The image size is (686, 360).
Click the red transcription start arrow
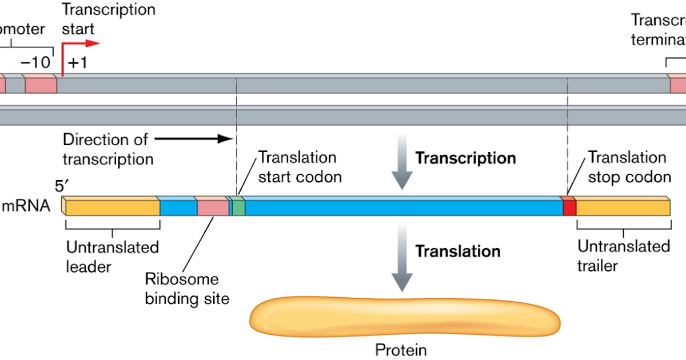tap(80, 43)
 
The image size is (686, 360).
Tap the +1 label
tap(77, 62)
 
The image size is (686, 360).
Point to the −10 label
tap(35, 62)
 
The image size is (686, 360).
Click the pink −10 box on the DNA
tap(41, 85)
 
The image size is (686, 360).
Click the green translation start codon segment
tap(238, 206)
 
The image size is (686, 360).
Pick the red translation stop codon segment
tap(569, 207)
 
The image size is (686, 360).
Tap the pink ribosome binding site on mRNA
tap(213, 207)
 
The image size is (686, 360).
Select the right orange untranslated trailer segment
tap(622, 207)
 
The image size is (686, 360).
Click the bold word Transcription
tap(465, 158)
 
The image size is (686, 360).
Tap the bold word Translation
tap(457, 251)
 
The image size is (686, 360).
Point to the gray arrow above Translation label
tap(402, 162)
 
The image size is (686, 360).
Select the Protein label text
tap(401, 350)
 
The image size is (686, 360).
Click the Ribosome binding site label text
tap(187, 289)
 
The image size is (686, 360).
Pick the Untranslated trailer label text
tap(623, 255)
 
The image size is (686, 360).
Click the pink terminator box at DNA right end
tap(678, 85)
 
